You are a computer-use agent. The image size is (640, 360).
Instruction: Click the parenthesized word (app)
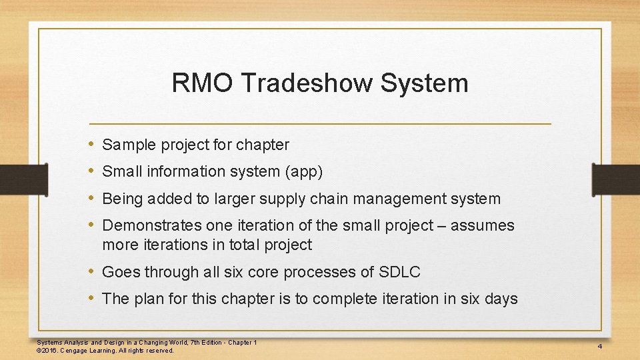point(304,172)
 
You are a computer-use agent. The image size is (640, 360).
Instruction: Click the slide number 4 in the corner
point(600,347)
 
